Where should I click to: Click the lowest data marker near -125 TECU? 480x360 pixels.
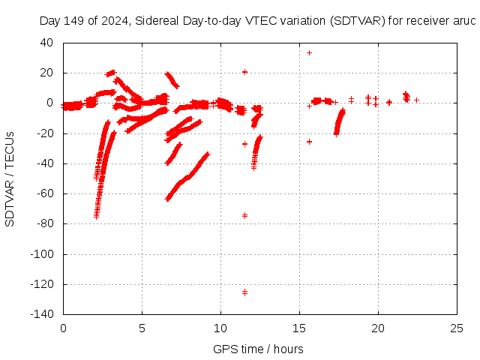(x=244, y=292)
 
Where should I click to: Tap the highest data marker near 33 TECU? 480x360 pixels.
(x=309, y=52)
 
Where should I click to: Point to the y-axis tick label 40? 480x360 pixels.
(x=47, y=43)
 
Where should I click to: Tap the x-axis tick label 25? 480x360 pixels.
(x=457, y=328)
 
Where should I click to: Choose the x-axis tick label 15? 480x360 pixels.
(x=299, y=328)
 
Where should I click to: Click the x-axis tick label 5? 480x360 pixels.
(x=142, y=328)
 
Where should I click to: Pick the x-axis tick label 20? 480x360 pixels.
(x=378, y=328)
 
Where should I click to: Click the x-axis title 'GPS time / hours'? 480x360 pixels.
(x=258, y=349)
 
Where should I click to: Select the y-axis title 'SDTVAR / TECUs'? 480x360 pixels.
(x=10, y=179)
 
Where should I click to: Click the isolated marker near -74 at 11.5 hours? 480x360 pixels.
(x=244, y=215)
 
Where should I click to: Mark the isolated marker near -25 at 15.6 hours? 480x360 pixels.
(x=309, y=141)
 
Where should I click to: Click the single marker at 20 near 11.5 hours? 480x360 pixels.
(x=244, y=72)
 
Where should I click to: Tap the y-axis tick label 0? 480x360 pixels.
(x=50, y=103)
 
